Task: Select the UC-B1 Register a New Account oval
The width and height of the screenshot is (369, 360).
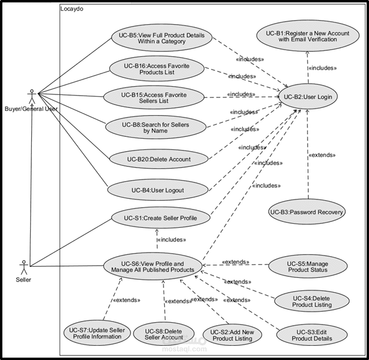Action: point(307,36)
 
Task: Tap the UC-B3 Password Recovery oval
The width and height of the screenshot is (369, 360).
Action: point(307,212)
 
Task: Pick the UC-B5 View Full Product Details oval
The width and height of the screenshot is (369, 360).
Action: point(161,38)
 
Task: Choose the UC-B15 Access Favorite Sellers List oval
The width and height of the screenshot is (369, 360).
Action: point(154,97)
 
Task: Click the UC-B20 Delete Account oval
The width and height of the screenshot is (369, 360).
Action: point(159,159)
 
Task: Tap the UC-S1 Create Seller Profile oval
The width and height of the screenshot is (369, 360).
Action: point(161,218)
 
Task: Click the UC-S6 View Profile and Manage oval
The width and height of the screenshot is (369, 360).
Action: point(152,267)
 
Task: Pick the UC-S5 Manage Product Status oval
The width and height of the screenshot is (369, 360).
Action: point(308,266)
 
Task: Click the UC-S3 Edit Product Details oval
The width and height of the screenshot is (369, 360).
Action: point(312,335)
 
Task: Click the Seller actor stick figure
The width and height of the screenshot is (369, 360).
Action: point(24,265)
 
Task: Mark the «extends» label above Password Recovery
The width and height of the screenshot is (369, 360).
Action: point(322,155)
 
